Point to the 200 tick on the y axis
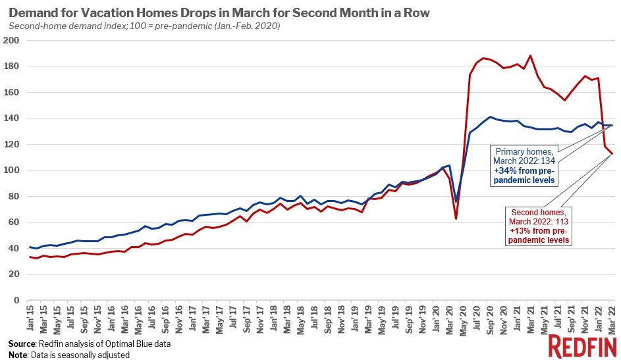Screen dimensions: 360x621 (x=12, y=40)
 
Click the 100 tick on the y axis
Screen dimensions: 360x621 (x=12, y=170)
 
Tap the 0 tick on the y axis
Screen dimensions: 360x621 (x=17, y=300)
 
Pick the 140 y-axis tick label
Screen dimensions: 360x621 (x=12, y=118)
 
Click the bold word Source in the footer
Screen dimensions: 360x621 (x=22, y=344)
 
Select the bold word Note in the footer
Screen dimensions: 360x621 (x=18, y=355)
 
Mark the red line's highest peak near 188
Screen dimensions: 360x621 (x=531, y=55)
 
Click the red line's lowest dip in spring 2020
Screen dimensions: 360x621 (x=456, y=219)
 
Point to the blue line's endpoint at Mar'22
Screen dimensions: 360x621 (x=613, y=125)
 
